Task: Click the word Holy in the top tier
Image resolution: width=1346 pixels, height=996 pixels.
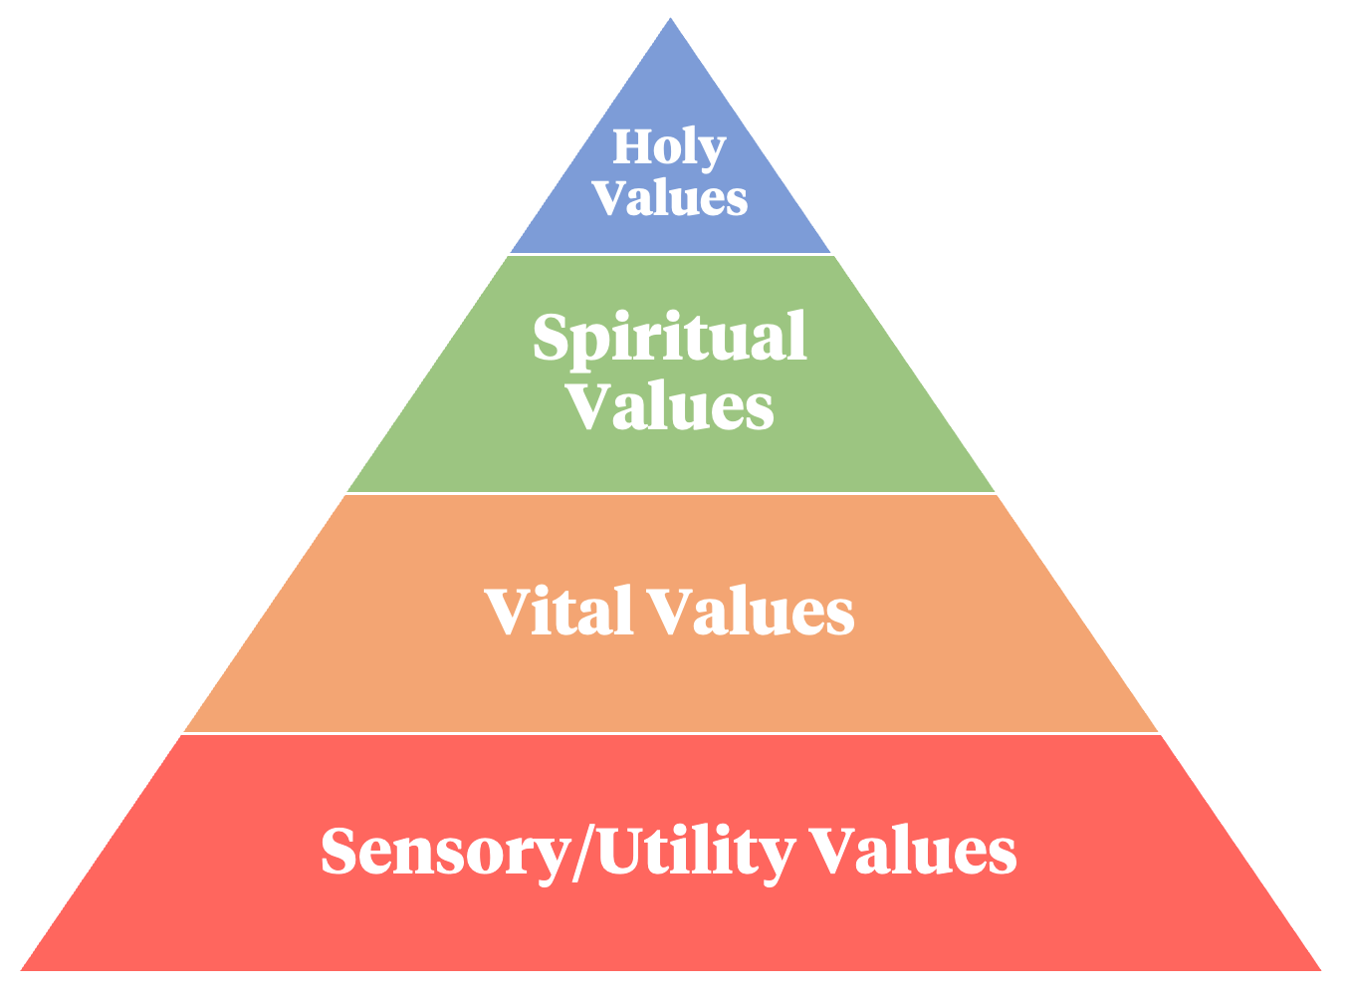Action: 669,148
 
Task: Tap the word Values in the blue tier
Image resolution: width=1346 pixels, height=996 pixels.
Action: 670,197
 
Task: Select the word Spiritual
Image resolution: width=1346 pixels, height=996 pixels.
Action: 670,339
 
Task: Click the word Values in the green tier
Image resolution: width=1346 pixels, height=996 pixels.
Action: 670,406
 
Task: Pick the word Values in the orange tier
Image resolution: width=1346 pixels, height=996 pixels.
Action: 751,612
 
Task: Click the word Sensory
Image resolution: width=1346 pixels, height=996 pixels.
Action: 443,853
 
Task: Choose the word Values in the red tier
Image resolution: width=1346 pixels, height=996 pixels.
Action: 912,852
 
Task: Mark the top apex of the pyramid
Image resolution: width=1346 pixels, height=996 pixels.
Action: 671,20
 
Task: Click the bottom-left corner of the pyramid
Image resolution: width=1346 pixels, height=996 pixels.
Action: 23,968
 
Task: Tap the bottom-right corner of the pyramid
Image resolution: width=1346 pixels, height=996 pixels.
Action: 1319,968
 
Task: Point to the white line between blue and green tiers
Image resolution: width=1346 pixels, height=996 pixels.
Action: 670,255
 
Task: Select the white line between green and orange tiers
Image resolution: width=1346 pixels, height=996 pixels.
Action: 670,493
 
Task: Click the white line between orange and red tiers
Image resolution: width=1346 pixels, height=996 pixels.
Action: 670,733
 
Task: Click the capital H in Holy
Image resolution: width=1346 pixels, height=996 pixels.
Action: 630,147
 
